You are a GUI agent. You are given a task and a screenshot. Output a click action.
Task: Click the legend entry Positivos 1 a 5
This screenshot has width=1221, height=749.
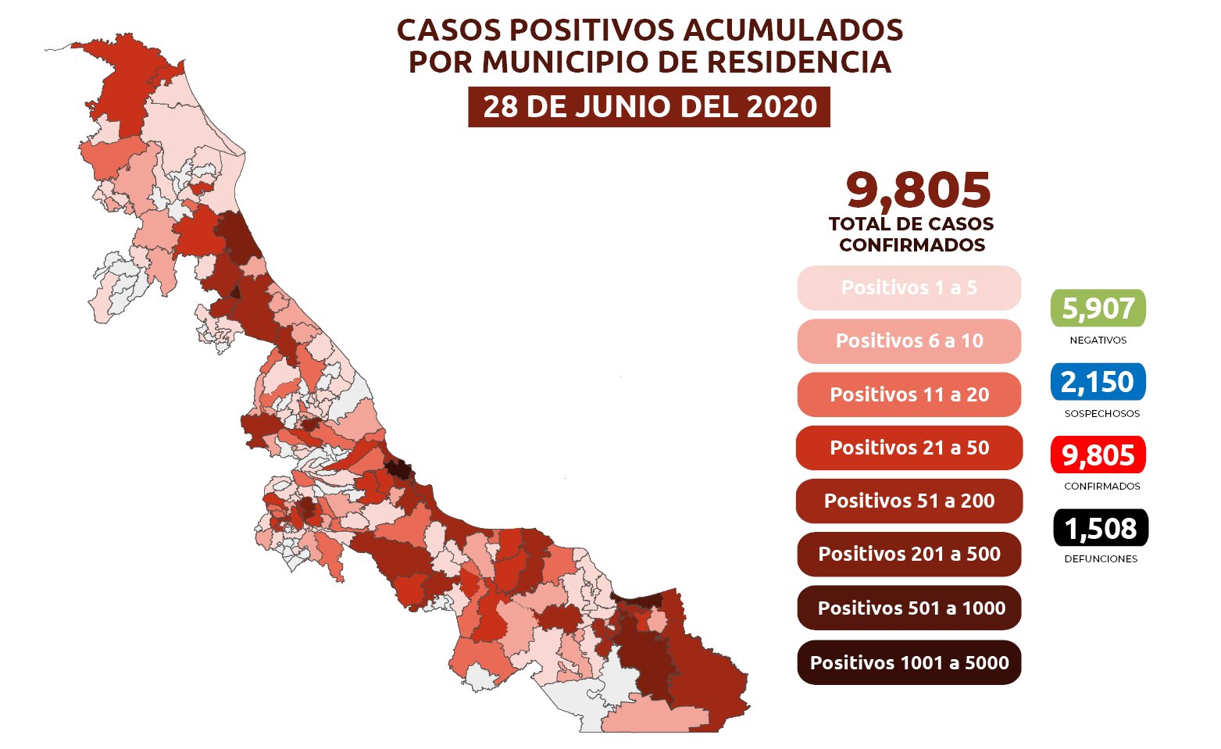click(909, 288)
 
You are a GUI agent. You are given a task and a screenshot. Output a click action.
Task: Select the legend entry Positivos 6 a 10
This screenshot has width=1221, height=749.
click(909, 341)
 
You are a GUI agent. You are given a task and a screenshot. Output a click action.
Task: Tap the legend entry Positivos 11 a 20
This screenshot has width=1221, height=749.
click(909, 394)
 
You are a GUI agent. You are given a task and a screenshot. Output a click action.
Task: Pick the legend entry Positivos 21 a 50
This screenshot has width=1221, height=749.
click(909, 448)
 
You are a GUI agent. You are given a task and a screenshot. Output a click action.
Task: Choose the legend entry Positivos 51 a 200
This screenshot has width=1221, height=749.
click(909, 501)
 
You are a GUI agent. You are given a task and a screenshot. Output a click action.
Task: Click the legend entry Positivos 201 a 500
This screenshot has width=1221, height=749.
click(909, 555)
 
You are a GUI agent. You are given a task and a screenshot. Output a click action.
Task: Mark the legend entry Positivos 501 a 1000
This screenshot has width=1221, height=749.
click(909, 608)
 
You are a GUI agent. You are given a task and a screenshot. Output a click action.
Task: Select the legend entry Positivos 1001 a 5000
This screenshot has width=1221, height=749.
click(909, 662)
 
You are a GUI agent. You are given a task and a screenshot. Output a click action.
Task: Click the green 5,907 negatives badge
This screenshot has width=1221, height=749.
click(1098, 309)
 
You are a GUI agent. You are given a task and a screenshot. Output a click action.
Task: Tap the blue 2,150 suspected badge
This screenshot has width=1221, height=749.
click(1098, 382)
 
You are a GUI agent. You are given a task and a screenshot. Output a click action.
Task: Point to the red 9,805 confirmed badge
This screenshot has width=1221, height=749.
click(1098, 455)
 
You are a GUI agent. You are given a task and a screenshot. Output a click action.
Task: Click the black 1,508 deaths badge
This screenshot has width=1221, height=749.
click(1100, 528)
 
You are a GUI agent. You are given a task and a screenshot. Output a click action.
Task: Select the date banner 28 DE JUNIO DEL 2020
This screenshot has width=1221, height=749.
click(649, 107)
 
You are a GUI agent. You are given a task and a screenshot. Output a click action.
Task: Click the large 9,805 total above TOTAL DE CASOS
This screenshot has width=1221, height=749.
click(918, 190)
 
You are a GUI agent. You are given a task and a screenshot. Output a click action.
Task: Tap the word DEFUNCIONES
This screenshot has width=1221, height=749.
click(1101, 559)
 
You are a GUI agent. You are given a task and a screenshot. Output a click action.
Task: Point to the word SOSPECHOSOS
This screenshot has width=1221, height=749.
click(1101, 414)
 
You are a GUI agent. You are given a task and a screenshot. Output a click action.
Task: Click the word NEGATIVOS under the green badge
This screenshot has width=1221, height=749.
click(1098, 341)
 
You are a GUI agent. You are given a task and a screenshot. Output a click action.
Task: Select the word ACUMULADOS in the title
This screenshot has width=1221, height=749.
click(793, 30)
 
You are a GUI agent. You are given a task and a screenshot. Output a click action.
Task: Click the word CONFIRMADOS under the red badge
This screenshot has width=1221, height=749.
click(1101, 487)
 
